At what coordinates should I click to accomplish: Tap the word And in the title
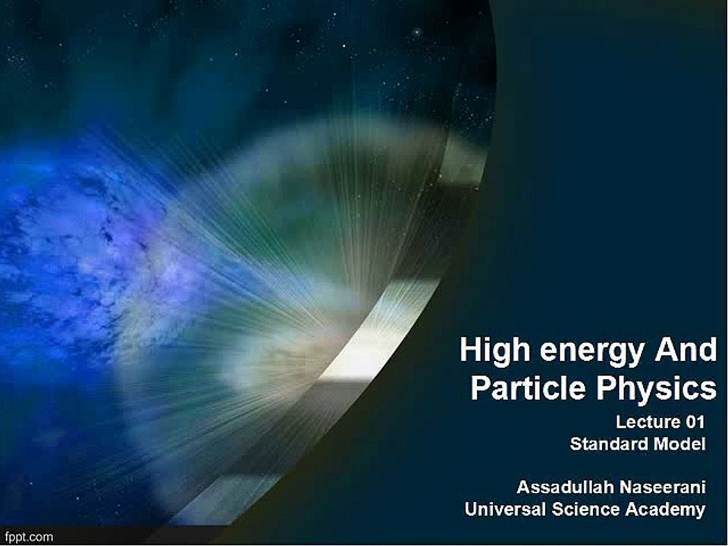click(688, 351)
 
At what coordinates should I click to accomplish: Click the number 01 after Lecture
click(693, 422)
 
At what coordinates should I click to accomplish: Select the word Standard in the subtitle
click(609, 444)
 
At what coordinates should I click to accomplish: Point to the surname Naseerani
click(661, 487)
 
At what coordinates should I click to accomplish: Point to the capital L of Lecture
click(620, 422)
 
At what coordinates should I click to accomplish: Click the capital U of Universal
click(470, 510)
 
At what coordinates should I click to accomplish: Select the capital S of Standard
click(576, 444)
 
